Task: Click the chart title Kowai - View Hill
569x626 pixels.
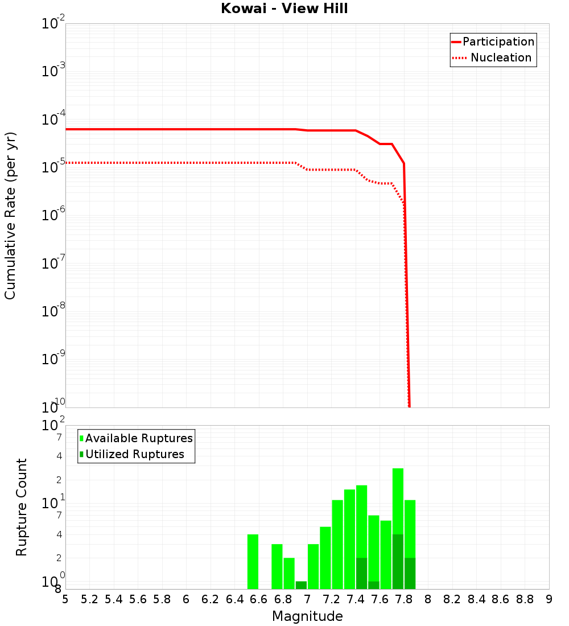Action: tap(284, 9)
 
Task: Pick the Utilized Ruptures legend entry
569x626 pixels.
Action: tap(134, 454)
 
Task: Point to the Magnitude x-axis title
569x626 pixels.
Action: tap(307, 616)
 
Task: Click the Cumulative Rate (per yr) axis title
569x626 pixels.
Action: tap(10, 215)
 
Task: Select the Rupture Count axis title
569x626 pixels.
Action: tap(22, 507)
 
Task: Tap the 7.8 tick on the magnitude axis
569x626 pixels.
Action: tap(404, 599)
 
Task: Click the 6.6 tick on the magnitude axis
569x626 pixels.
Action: tap(259, 599)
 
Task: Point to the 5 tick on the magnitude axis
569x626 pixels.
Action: tap(65, 599)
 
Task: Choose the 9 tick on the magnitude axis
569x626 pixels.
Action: tap(549, 599)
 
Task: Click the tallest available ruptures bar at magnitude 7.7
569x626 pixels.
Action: tap(398, 501)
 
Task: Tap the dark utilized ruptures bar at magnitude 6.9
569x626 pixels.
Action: tap(301, 585)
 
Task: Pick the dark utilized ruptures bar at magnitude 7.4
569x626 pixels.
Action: tap(361, 574)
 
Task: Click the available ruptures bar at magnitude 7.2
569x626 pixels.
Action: tap(337, 544)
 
